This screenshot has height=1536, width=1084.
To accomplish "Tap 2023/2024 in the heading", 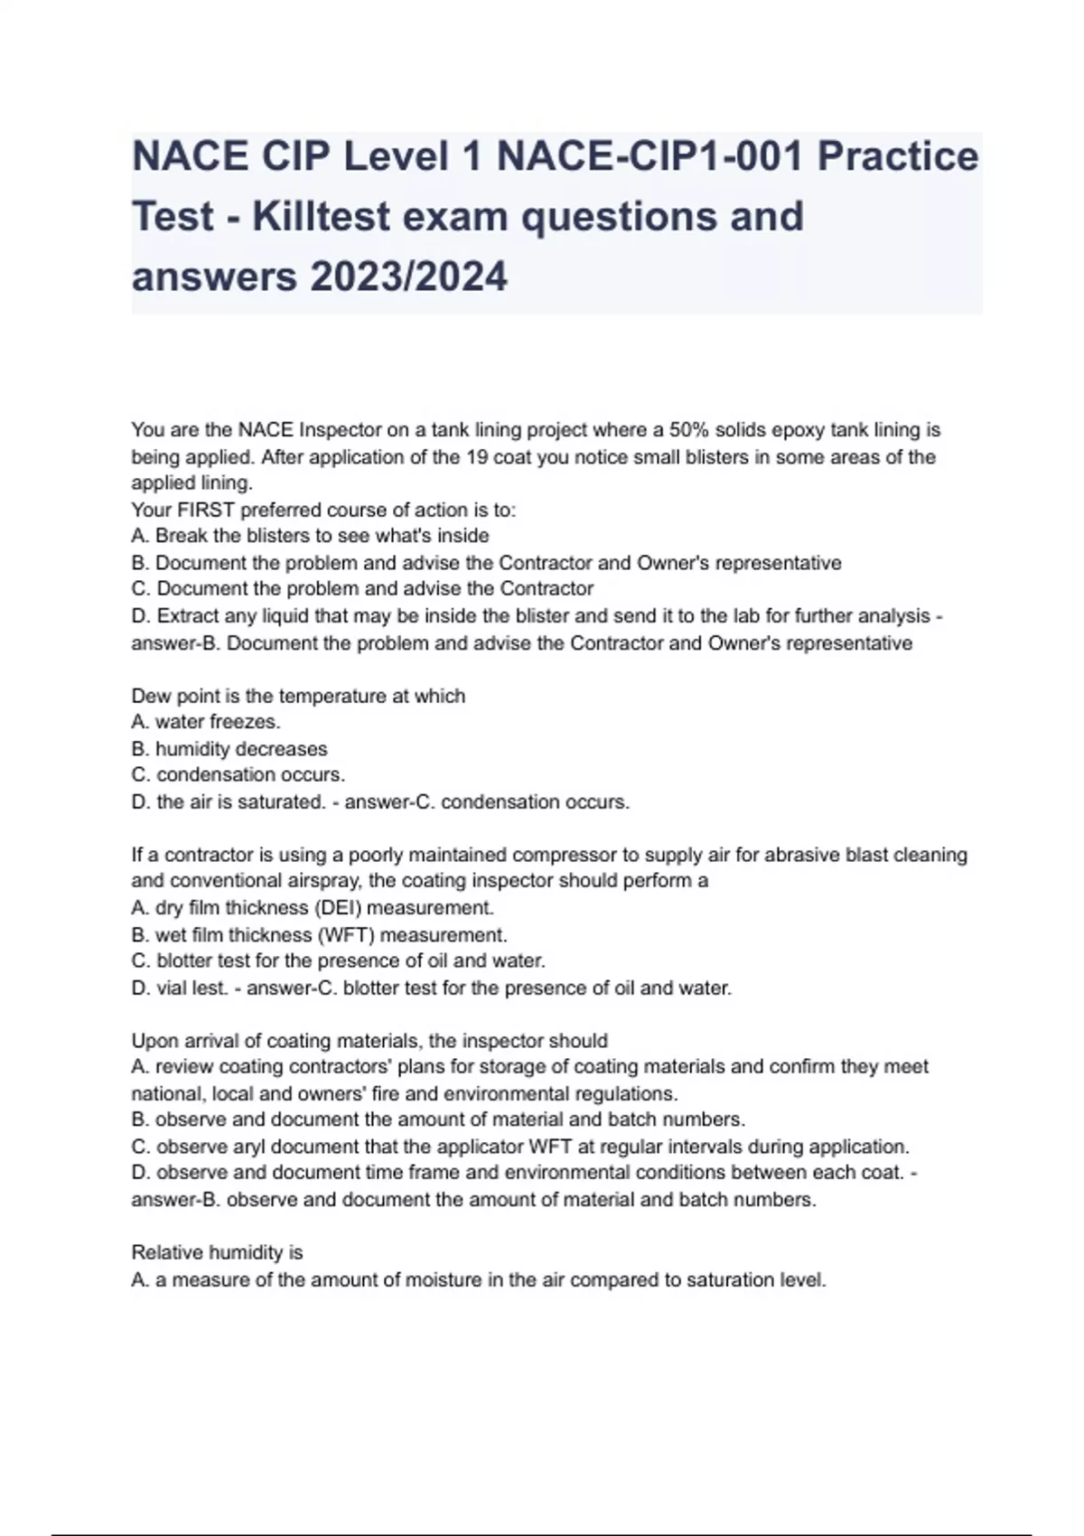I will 408,276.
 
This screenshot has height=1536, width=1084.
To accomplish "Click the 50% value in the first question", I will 689,430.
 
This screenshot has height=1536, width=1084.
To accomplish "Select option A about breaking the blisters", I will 310,536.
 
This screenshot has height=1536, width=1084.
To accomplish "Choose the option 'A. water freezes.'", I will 206,722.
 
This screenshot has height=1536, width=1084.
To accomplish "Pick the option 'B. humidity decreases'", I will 229,749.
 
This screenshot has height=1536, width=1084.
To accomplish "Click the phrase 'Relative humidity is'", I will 217,1252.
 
